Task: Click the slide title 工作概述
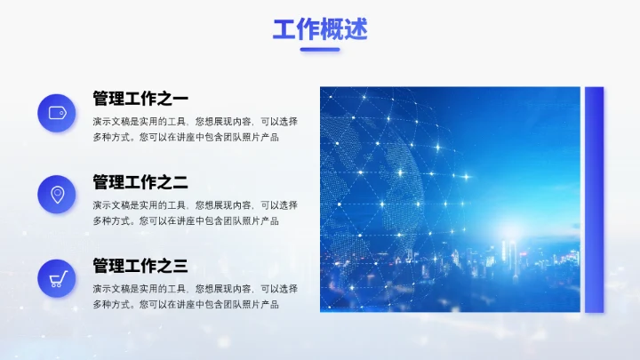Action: click(319, 29)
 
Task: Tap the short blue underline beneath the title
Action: click(319, 50)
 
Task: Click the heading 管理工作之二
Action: click(140, 182)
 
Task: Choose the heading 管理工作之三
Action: click(140, 265)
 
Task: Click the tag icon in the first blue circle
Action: click(57, 113)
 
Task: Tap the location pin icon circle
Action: click(57, 195)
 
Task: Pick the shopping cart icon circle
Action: click(57, 278)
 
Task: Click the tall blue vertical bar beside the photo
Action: click(594, 199)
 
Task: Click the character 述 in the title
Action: click(356, 29)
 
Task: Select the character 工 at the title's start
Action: click(284, 29)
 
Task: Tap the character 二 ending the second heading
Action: click(180, 182)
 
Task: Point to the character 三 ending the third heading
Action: click(180, 265)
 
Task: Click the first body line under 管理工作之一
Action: click(195, 121)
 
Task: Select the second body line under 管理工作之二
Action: click(185, 220)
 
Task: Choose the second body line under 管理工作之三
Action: click(185, 304)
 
